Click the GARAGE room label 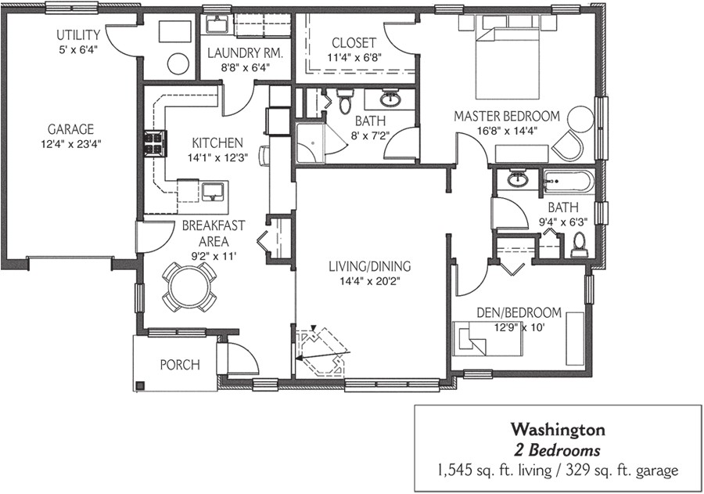(70, 129)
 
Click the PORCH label (179, 365)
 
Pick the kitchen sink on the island (212, 190)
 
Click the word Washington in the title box (558, 429)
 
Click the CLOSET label (354, 42)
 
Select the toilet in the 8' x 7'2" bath (345, 99)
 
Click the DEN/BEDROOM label (519, 312)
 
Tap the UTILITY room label (77, 34)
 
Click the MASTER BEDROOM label (507, 116)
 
